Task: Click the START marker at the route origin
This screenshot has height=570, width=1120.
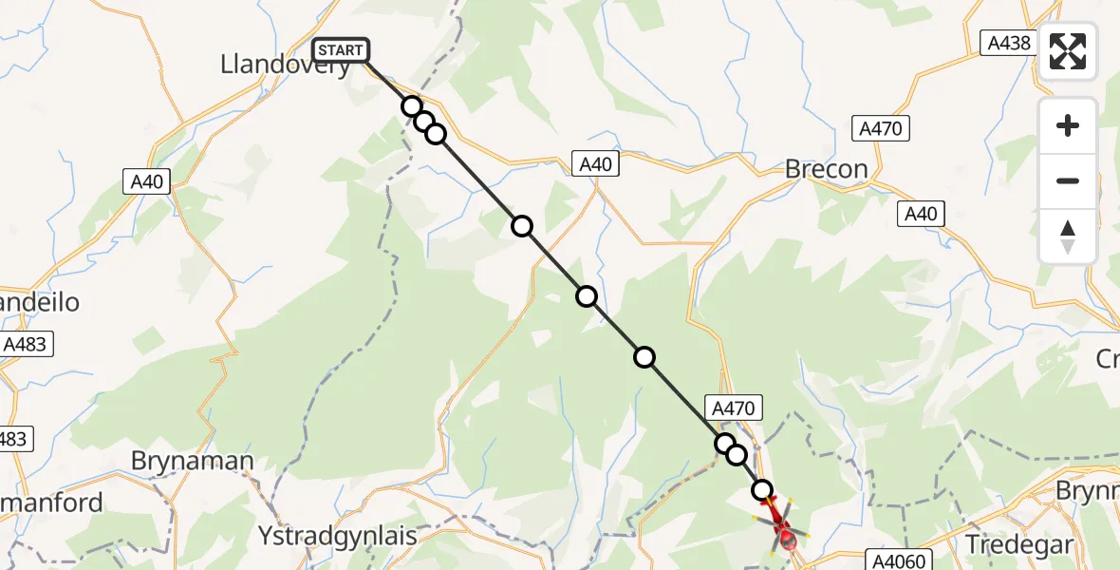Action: (340, 50)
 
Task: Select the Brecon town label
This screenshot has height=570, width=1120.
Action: (826, 169)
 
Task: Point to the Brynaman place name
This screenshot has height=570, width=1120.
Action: (193, 462)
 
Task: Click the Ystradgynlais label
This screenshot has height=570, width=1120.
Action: (337, 536)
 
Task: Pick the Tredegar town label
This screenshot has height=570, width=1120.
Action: (1019, 544)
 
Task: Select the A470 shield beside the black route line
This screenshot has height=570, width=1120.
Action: (732, 408)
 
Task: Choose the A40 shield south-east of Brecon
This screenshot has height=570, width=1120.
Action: (921, 214)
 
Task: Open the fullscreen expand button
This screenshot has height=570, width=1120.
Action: (1068, 51)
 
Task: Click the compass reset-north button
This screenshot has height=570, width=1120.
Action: (1068, 236)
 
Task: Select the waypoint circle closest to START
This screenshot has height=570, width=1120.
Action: (412, 106)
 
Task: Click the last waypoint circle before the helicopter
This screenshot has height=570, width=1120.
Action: (762, 490)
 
